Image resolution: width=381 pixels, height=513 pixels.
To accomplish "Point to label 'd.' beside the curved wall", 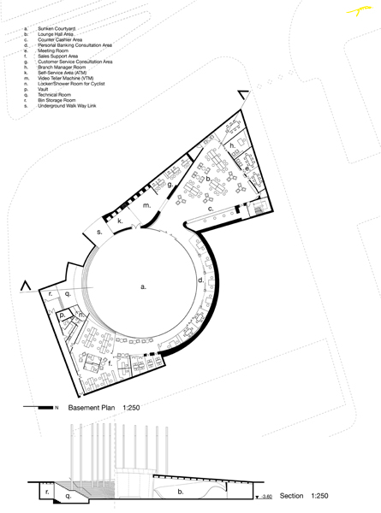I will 199,280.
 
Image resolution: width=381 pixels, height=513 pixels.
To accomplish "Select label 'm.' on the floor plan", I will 146,206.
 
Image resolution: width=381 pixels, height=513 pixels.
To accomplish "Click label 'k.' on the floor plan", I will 121,221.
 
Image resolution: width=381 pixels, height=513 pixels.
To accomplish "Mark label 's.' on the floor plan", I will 99,232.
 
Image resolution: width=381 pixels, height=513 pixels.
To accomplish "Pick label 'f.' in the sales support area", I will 110,363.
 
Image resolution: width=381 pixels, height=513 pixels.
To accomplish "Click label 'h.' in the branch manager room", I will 232,146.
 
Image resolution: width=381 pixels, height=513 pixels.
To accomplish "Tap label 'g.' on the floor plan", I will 171,184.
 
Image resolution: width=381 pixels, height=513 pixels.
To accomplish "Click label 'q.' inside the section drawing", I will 58,493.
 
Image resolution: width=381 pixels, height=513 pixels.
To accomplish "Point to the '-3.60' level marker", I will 268,497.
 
